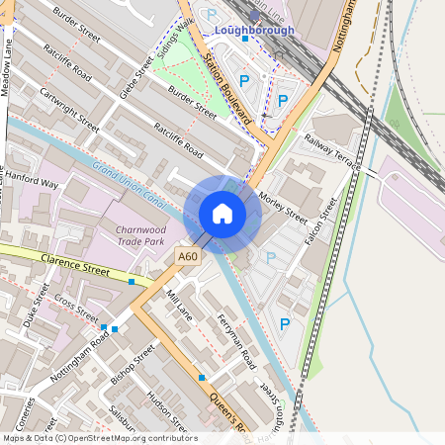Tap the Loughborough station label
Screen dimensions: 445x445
pyautogui.click(x=255, y=31)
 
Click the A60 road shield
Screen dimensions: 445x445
pyautogui.click(x=188, y=256)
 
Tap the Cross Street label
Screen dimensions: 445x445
pyautogui.click(x=77, y=308)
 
